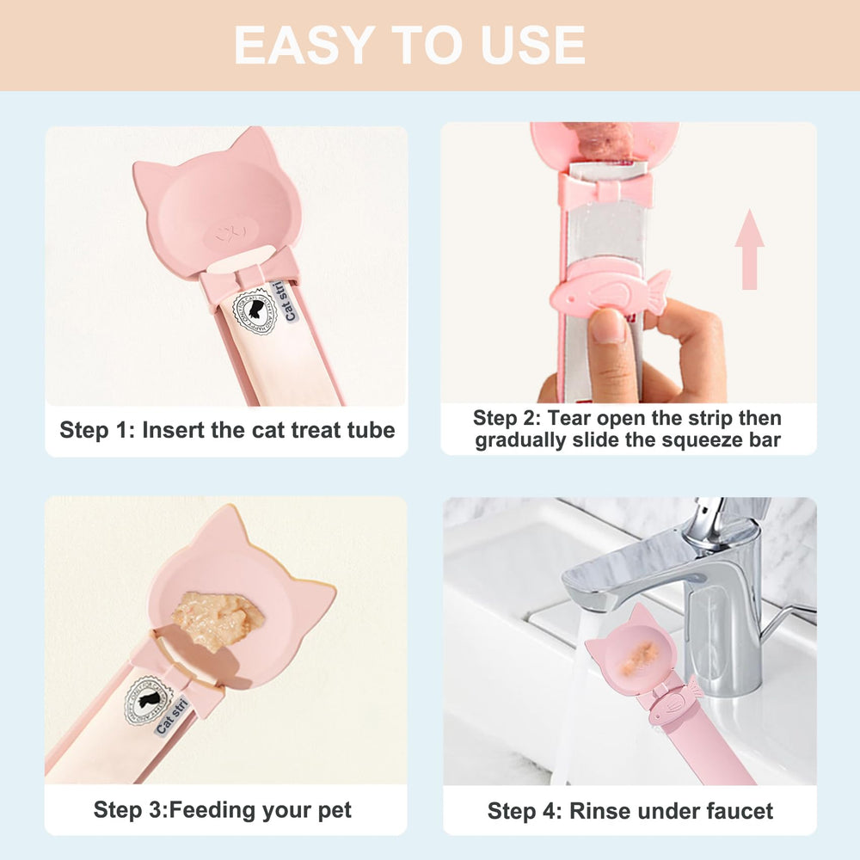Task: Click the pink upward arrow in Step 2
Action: pos(749,249)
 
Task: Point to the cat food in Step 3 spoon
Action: pos(216,617)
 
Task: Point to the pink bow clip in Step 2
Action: pos(605,189)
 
